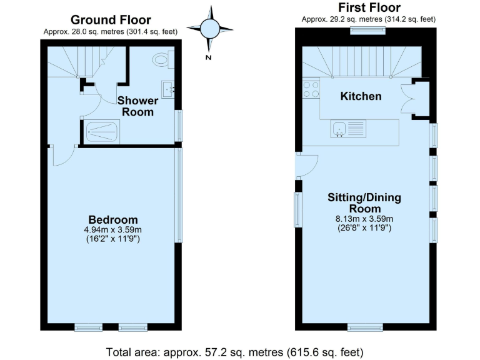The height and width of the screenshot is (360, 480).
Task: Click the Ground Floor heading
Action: click(x=110, y=20)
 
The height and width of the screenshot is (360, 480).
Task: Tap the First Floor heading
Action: click(x=369, y=7)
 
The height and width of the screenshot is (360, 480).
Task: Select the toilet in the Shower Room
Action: click(x=162, y=60)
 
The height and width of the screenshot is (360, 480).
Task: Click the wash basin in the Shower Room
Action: click(x=167, y=89)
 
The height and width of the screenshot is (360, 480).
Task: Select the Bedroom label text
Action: click(x=113, y=219)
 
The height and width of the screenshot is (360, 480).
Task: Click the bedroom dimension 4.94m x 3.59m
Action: click(x=113, y=229)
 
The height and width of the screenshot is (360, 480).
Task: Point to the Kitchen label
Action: click(x=361, y=96)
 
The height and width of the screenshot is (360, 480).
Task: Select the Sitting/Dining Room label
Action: click(x=364, y=203)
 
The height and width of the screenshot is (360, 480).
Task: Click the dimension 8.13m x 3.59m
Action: click(x=364, y=219)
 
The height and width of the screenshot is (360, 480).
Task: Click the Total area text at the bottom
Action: click(x=235, y=351)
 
